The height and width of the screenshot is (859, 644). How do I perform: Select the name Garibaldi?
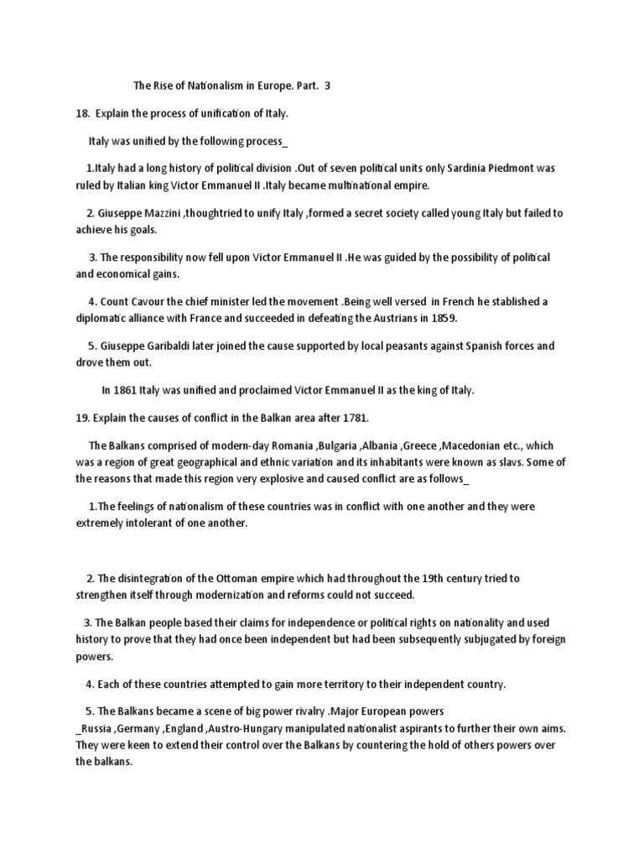pyautogui.click(x=188, y=346)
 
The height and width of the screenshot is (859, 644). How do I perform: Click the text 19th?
pyautogui.click(x=435, y=578)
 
